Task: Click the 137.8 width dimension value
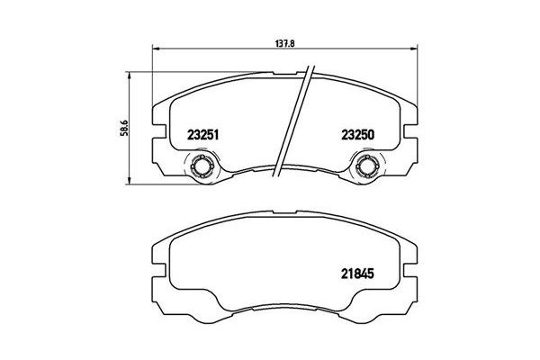pos(284,44)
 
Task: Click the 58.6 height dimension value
pos(124,128)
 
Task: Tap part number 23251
pos(203,135)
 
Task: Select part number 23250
pos(357,135)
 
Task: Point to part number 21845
pos(357,274)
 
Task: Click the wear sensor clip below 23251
pos(201,166)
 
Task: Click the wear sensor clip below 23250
pos(366,166)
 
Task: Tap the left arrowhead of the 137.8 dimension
pos(156,49)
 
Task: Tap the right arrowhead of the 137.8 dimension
pos(414,49)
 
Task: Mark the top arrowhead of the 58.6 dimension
pos(129,76)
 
